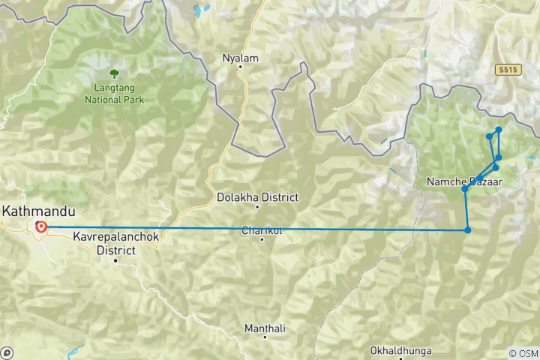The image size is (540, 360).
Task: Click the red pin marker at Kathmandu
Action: tap(40, 226)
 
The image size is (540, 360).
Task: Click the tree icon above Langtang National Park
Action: tap(114, 73)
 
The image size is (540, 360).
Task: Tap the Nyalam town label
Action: tap(240, 57)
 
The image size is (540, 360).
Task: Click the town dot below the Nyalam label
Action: tap(240, 67)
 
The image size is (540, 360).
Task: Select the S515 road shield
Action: tap(508, 69)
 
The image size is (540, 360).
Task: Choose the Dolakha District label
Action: tap(257, 197)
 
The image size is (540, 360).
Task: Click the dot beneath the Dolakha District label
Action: tap(257, 207)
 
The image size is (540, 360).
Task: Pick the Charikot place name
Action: tap(261, 230)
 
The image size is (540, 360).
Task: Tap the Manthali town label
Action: tap(265, 328)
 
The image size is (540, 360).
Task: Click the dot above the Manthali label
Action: tap(265, 318)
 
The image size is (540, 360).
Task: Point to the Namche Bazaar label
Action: tap(464, 182)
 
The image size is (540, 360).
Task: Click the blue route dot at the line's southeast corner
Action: tap(467, 230)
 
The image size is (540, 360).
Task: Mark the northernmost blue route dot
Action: tap(499, 130)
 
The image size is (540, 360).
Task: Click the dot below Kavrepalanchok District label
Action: tap(115, 260)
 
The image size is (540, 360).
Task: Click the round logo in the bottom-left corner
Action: tap(7, 352)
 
